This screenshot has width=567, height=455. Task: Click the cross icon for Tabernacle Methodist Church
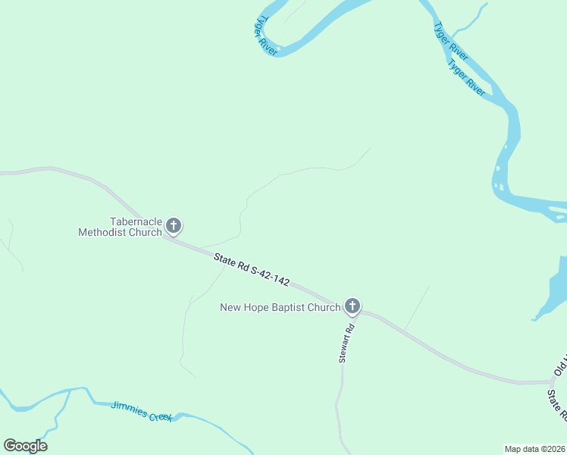click(174, 225)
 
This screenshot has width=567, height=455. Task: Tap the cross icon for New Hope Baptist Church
click(352, 306)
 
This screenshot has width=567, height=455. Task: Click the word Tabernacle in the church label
click(136, 221)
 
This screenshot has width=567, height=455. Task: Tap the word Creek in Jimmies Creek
click(161, 416)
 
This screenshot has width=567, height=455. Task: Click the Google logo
click(25, 446)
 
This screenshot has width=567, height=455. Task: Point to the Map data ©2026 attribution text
click(534, 448)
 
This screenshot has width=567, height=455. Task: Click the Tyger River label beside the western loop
click(266, 35)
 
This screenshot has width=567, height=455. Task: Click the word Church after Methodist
click(146, 233)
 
